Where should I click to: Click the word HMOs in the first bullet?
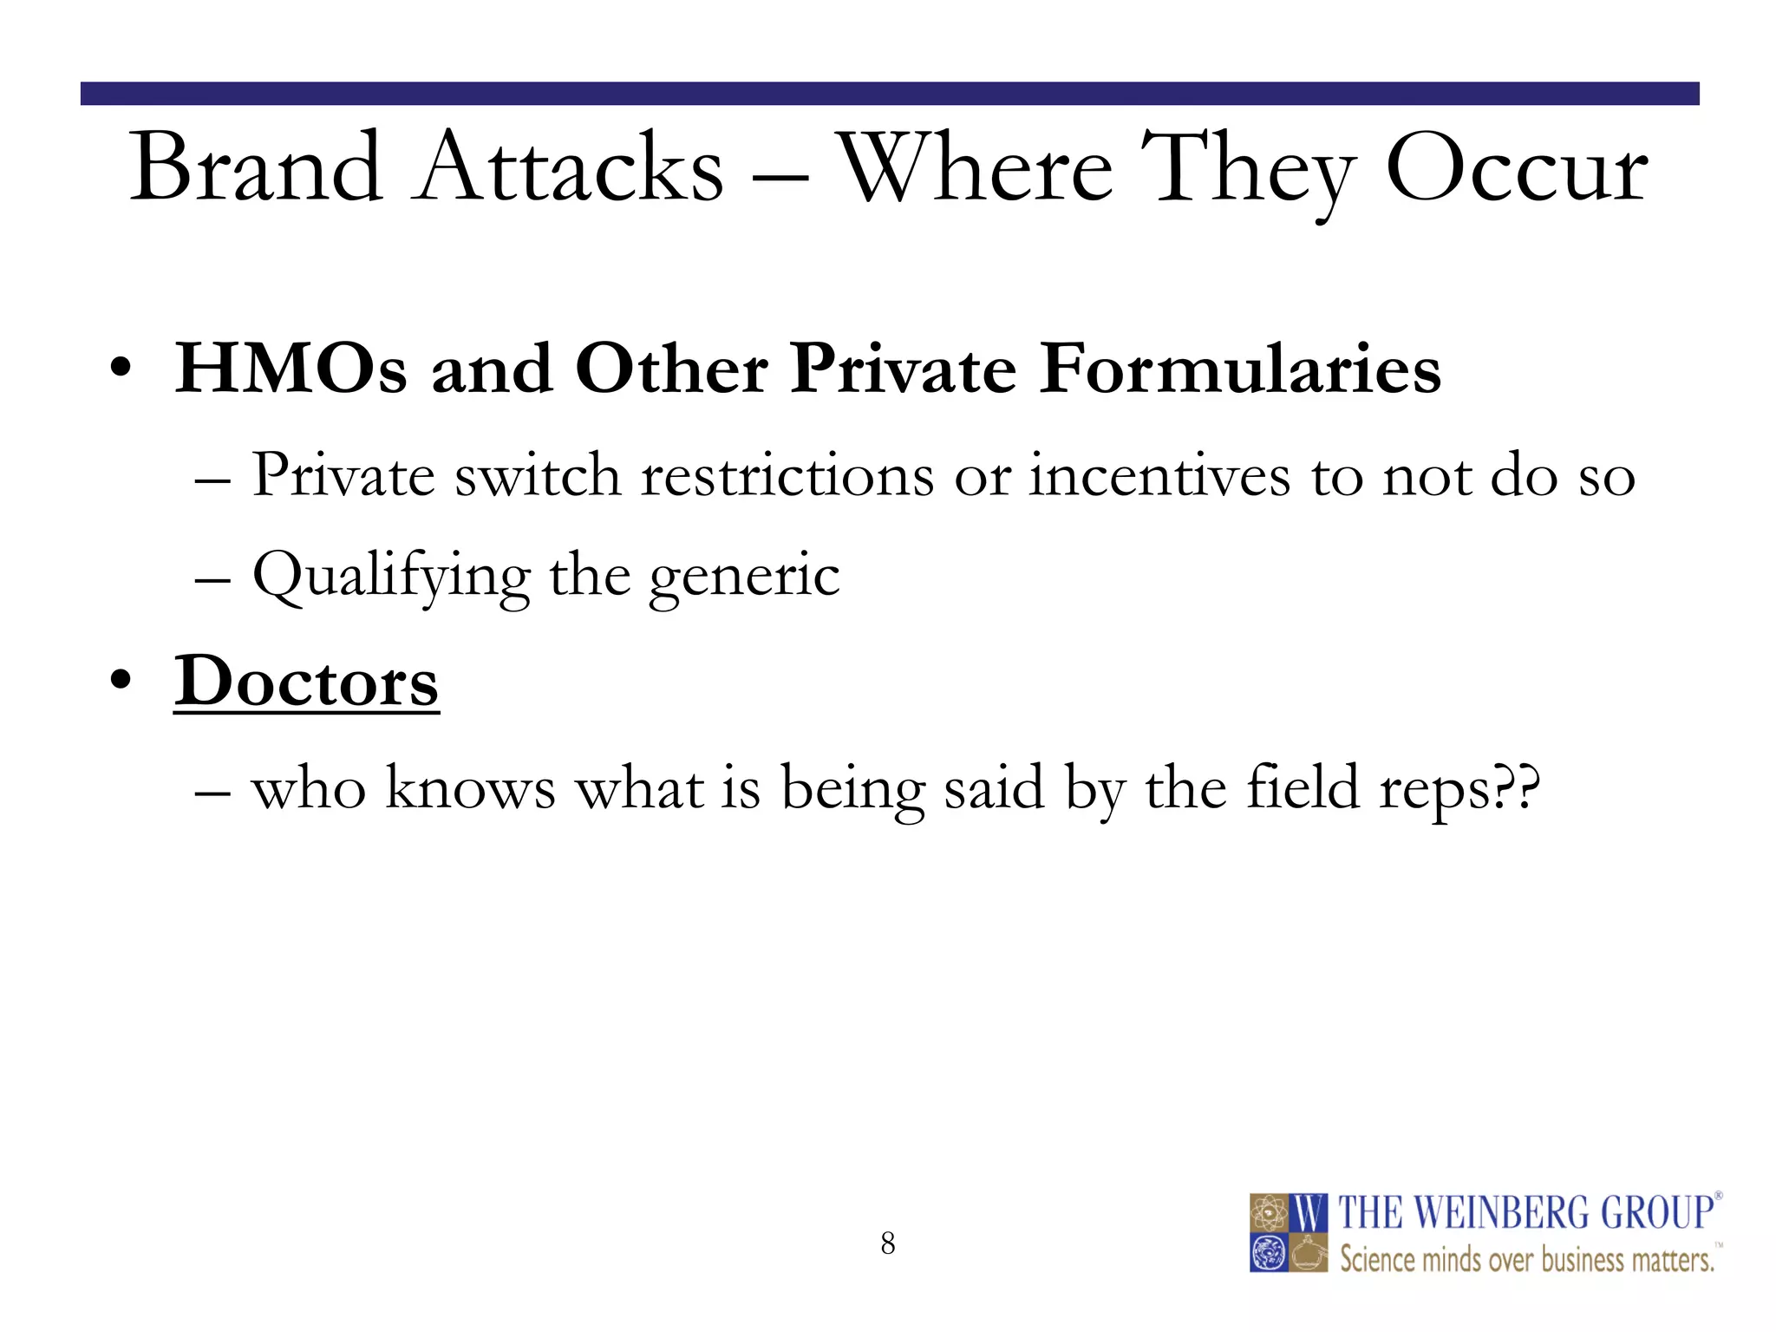(x=291, y=369)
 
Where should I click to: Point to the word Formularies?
(x=1240, y=369)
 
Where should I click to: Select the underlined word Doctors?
(x=306, y=682)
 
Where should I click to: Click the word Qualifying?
(x=390, y=575)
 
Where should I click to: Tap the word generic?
(x=744, y=577)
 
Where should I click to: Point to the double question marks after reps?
(x=1518, y=787)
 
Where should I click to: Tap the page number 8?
(x=887, y=1244)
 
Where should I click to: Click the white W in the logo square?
(x=1309, y=1213)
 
